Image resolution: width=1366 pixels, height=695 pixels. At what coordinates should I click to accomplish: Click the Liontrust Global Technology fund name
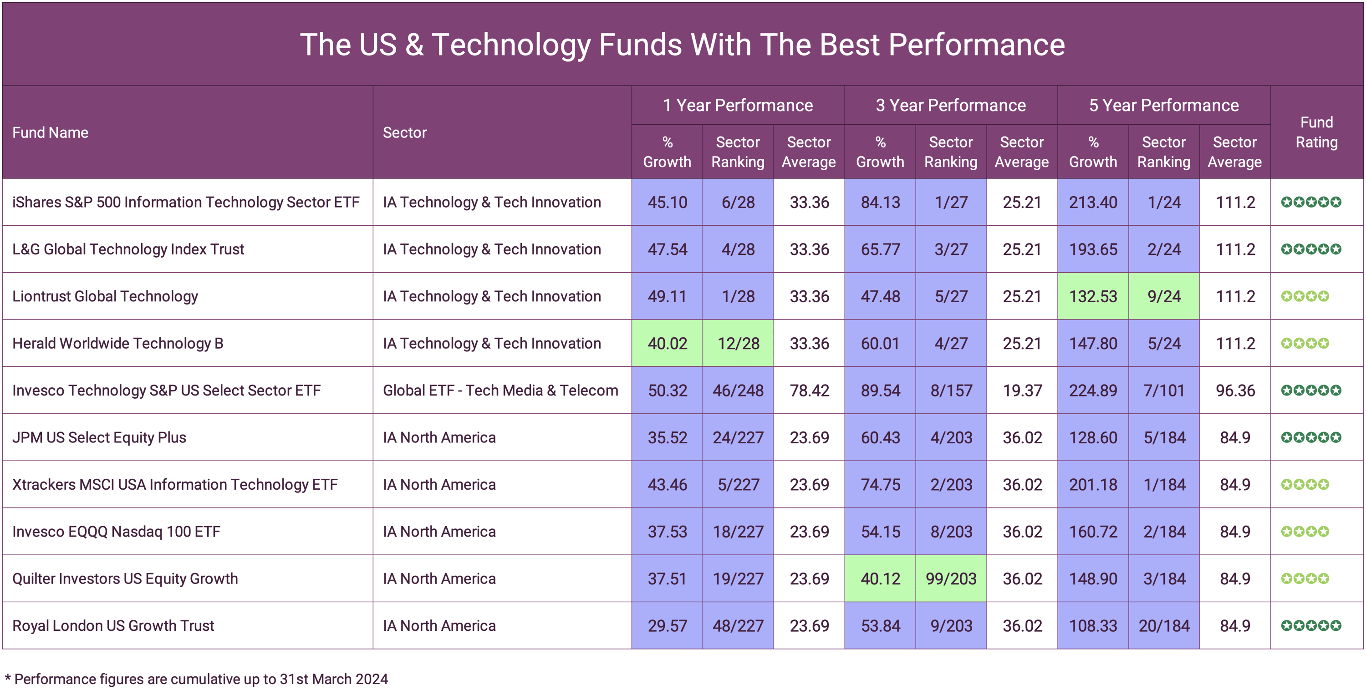(105, 296)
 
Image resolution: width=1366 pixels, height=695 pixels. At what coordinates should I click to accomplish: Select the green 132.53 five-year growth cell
(1093, 296)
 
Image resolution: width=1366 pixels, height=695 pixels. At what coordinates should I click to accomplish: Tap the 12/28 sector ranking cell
(738, 344)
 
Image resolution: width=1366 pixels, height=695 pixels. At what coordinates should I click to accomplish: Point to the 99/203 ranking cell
(951, 578)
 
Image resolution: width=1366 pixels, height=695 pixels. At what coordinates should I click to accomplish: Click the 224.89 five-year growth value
(1093, 391)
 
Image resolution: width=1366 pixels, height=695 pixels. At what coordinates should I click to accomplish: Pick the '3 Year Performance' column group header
(950, 106)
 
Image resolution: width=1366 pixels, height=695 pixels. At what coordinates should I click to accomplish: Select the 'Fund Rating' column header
(1316, 132)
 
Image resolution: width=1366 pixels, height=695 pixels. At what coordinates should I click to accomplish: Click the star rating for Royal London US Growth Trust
(1311, 625)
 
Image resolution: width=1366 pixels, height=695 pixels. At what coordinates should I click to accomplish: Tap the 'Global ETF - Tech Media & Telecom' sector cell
(500, 391)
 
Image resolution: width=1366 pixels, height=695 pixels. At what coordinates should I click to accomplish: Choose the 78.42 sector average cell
(809, 391)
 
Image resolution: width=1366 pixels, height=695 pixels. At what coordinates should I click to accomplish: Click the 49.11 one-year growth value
(667, 296)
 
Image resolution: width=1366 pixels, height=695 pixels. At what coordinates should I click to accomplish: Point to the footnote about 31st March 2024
(196, 679)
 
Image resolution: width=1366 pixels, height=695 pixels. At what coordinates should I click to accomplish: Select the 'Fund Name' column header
(51, 132)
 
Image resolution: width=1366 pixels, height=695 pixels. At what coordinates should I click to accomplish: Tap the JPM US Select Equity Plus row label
(99, 437)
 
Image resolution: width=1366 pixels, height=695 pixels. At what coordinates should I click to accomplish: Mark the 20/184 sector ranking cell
(1164, 625)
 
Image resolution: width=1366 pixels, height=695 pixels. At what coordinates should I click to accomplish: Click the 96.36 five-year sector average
(1235, 391)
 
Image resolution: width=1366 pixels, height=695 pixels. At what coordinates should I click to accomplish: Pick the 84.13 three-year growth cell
(880, 203)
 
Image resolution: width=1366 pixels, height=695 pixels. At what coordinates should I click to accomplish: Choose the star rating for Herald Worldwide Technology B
(1305, 344)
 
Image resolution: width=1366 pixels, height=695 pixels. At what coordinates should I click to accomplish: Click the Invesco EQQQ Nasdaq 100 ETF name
(116, 532)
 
